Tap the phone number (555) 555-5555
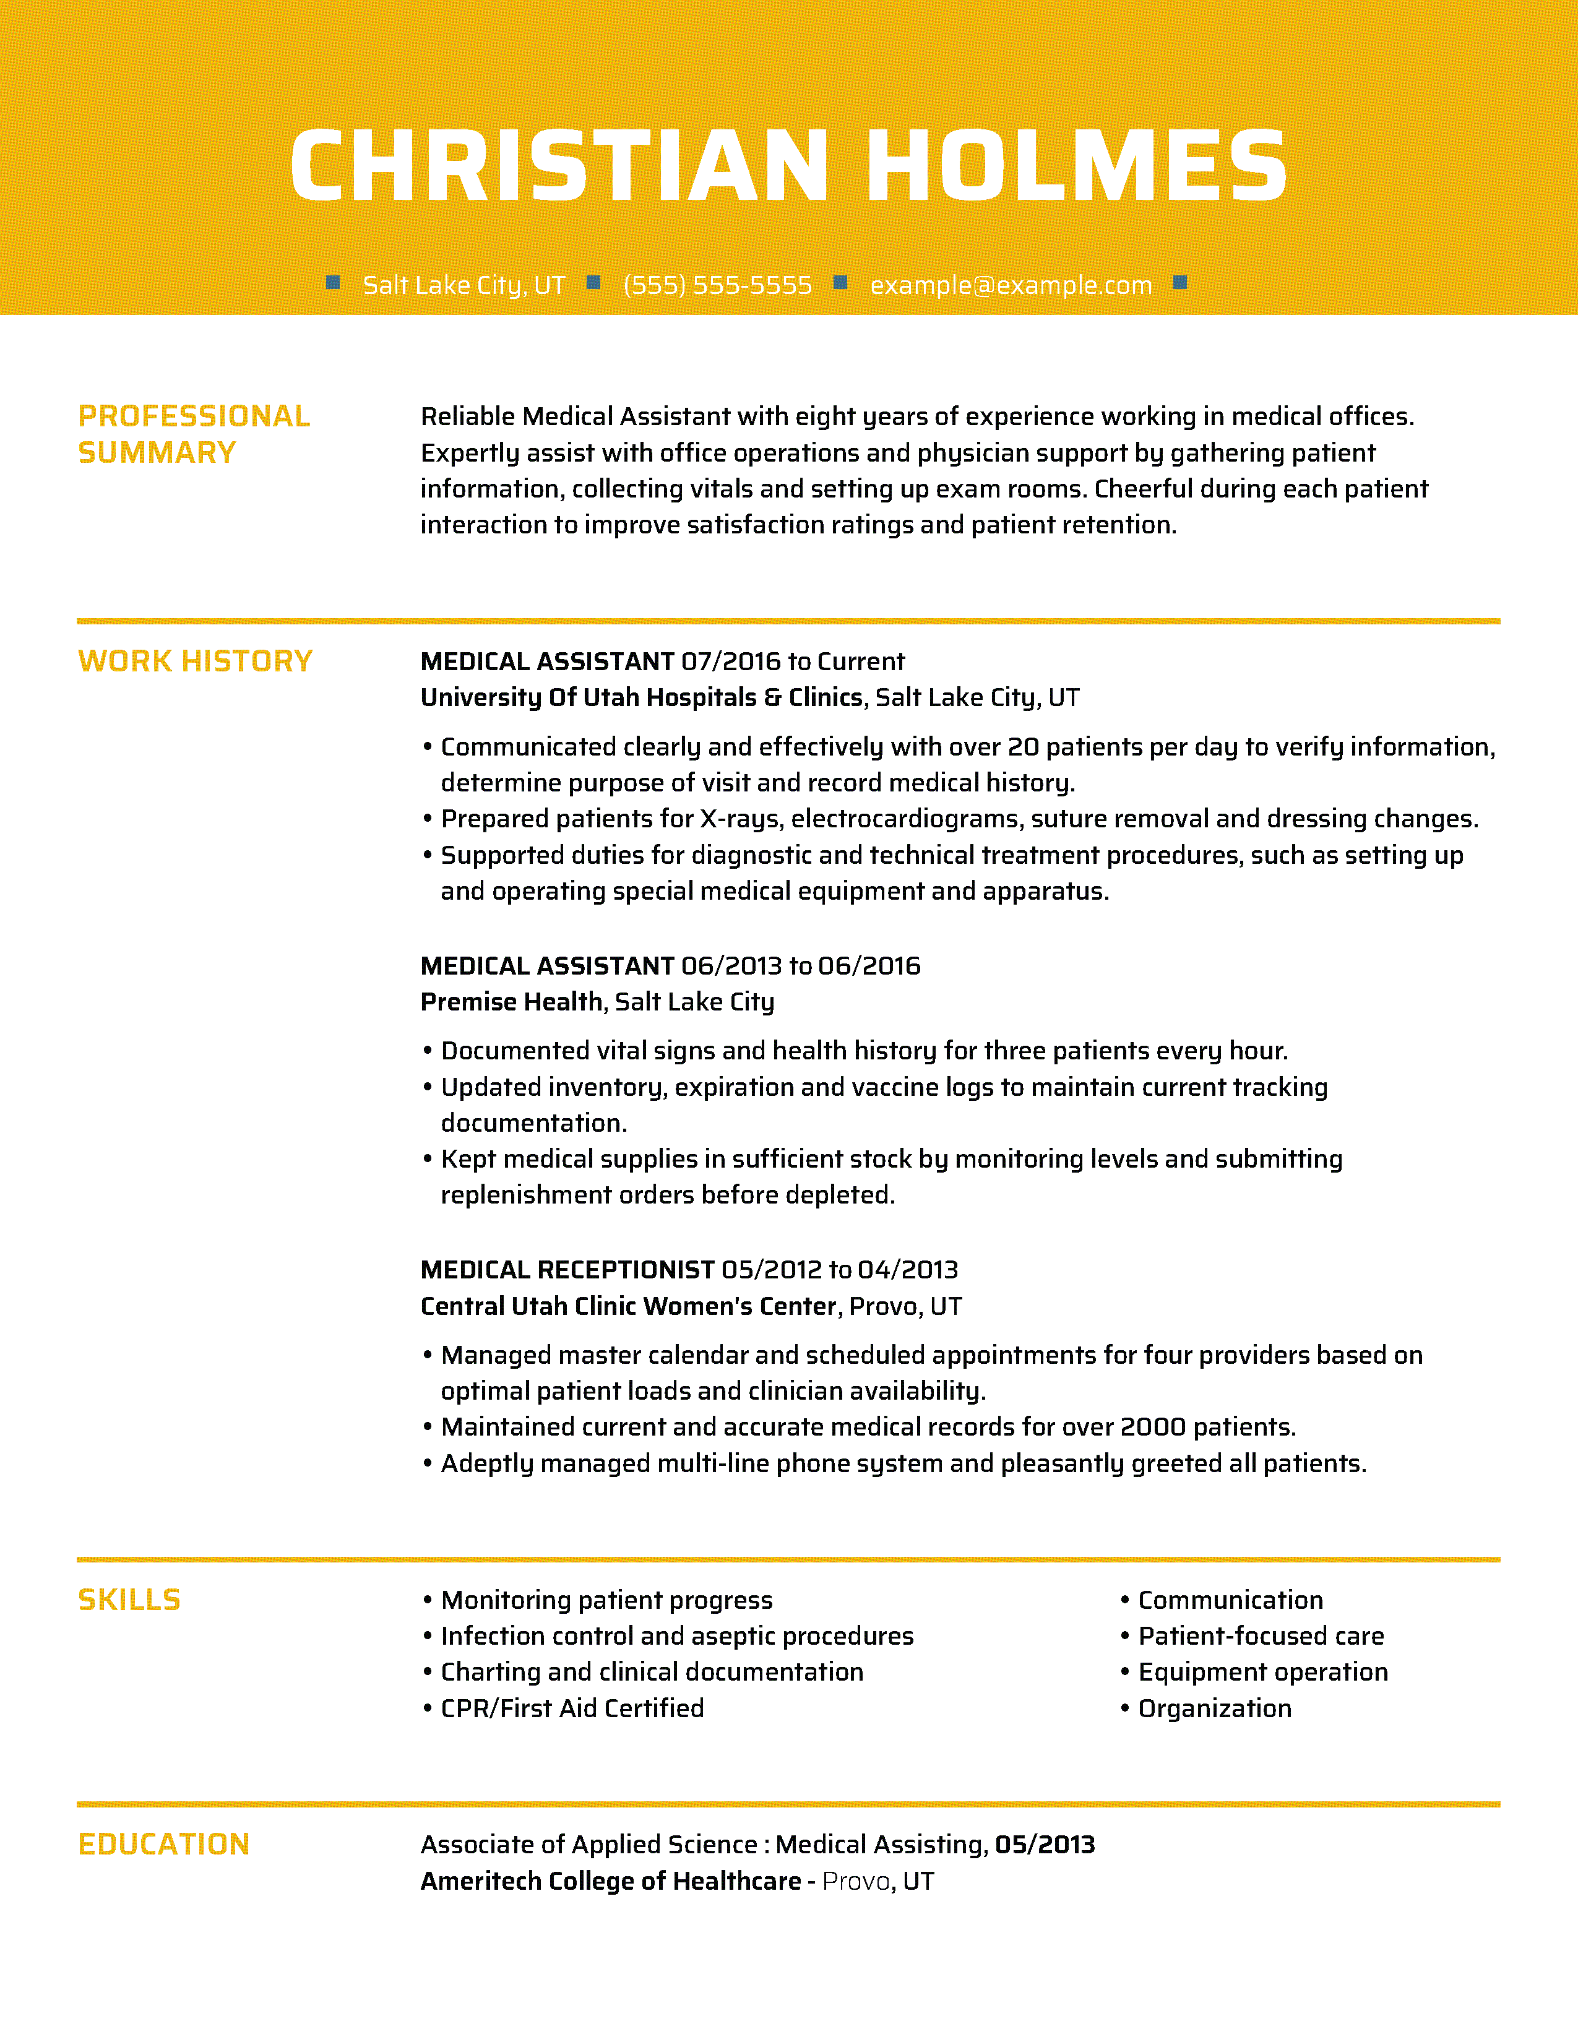click(x=717, y=285)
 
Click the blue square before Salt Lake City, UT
click(x=333, y=282)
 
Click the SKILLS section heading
click(x=129, y=1600)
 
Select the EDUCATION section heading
click(x=163, y=1844)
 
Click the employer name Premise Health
click(x=511, y=1001)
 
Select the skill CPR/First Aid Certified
click(x=572, y=1708)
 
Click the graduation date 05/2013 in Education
click(x=1044, y=1844)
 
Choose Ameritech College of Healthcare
click(x=610, y=1880)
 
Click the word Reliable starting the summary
click(x=467, y=416)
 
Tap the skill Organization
click(x=1214, y=1708)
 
